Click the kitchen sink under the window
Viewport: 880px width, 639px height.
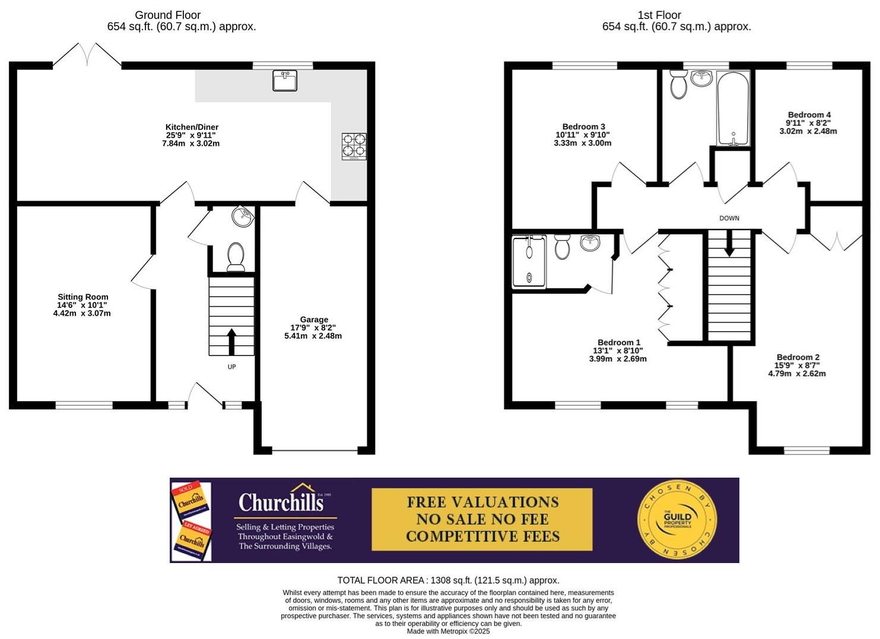pos(285,81)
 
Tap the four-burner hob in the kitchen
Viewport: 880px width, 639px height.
pos(354,146)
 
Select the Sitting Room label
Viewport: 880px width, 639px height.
pos(82,297)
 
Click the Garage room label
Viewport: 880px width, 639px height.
pos(313,320)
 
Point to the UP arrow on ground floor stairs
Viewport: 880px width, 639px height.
pos(231,342)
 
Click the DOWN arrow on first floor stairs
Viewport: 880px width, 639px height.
pos(729,243)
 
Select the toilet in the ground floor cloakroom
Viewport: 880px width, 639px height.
pos(236,257)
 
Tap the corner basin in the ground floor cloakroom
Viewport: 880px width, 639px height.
pos(243,217)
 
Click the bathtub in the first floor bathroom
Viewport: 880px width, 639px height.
pos(733,108)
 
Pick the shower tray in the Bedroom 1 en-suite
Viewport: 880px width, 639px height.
pos(529,262)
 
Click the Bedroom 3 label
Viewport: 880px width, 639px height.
pos(583,126)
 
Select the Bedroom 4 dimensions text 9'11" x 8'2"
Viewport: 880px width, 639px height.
pos(808,123)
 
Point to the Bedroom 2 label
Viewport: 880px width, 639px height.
pos(798,357)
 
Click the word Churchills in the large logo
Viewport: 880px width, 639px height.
pos(281,503)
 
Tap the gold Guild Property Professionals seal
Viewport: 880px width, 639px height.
pos(677,520)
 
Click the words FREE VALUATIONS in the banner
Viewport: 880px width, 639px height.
pos(482,502)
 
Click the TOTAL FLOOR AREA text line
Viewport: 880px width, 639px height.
pos(448,580)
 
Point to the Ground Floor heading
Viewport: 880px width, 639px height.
pos(167,15)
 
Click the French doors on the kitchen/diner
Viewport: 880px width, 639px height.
pos(88,55)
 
